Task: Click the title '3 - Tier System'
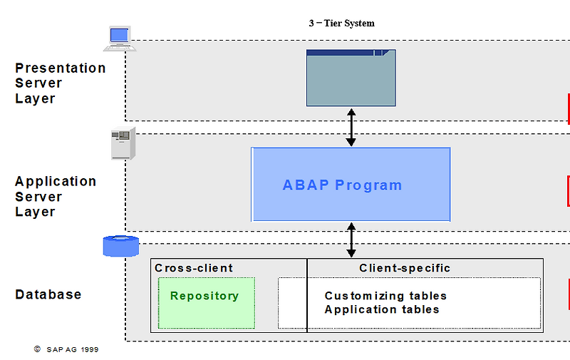click(x=341, y=24)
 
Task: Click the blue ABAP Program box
click(x=351, y=185)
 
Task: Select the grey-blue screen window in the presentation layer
click(x=351, y=78)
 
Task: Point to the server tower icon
click(x=123, y=144)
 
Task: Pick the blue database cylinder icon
click(x=120, y=246)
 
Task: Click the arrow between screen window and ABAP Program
click(x=351, y=127)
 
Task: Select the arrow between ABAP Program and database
click(x=351, y=240)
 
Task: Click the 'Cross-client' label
click(x=194, y=268)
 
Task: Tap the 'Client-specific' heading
click(x=405, y=268)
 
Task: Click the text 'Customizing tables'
click(x=385, y=296)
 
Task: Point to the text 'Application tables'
click(x=382, y=309)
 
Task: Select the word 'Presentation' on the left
click(x=61, y=68)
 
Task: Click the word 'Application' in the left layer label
click(x=56, y=181)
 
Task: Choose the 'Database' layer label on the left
click(x=48, y=294)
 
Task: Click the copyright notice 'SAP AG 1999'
click(x=71, y=350)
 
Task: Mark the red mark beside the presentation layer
click(x=569, y=108)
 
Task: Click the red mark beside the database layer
click(x=569, y=294)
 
